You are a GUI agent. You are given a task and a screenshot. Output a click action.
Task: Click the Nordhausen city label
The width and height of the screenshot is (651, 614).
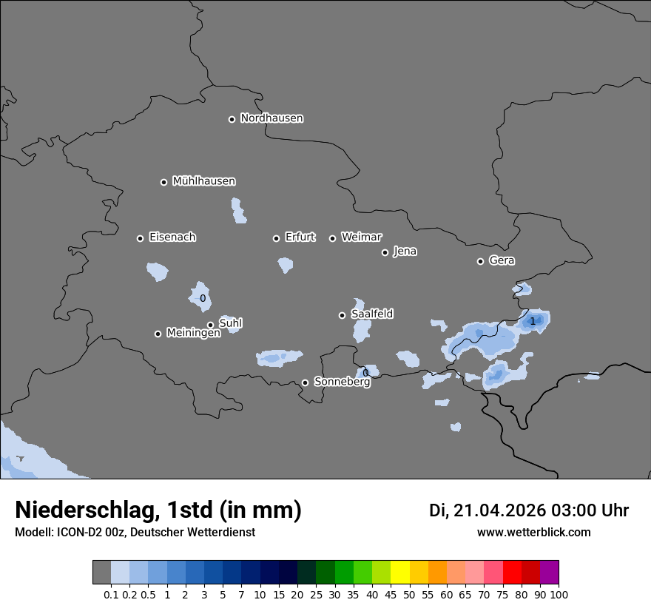tap(271, 118)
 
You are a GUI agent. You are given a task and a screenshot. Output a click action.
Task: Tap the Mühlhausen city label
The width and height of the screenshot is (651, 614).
tap(203, 181)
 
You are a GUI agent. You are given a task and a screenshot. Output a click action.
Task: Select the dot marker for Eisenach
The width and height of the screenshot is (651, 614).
tap(140, 238)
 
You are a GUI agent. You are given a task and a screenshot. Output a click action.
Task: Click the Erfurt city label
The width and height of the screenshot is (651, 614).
tap(300, 237)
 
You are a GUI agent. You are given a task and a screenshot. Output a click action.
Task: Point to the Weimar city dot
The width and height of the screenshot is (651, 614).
tap(332, 238)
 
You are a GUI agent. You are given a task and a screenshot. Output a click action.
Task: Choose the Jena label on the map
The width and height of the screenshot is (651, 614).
tap(405, 252)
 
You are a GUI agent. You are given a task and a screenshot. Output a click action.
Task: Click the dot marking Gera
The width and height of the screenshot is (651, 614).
tap(480, 261)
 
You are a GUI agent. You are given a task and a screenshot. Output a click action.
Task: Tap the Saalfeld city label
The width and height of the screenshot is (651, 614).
tap(371, 314)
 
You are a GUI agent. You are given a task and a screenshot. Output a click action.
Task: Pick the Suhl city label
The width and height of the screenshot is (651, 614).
tap(230, 323)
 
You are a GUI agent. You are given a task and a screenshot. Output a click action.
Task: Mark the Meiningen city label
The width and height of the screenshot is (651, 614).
tap(193, 334)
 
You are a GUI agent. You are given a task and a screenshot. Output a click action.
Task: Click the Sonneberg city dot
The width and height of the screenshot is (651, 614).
tap(305, 382)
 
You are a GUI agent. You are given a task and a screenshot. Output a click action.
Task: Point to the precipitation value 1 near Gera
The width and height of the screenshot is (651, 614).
tap(533, 321)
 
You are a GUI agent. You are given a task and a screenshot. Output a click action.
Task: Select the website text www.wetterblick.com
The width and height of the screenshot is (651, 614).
tap(533, 532)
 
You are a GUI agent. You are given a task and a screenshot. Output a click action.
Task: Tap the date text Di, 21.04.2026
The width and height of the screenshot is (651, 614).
tap(487, 510)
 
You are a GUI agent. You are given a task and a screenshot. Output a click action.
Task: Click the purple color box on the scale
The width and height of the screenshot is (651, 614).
tap(550, 573)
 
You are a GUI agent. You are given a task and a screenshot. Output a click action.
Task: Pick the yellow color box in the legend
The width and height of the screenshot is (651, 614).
tap(399, 573)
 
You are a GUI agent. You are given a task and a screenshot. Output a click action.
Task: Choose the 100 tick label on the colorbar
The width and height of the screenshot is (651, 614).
tap(559, 594)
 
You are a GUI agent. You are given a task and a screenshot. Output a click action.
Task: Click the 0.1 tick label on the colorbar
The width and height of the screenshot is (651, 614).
tap(111, 594)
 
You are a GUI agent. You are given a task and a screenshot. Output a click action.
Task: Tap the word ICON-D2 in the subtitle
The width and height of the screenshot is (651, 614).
tap(78, 532)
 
